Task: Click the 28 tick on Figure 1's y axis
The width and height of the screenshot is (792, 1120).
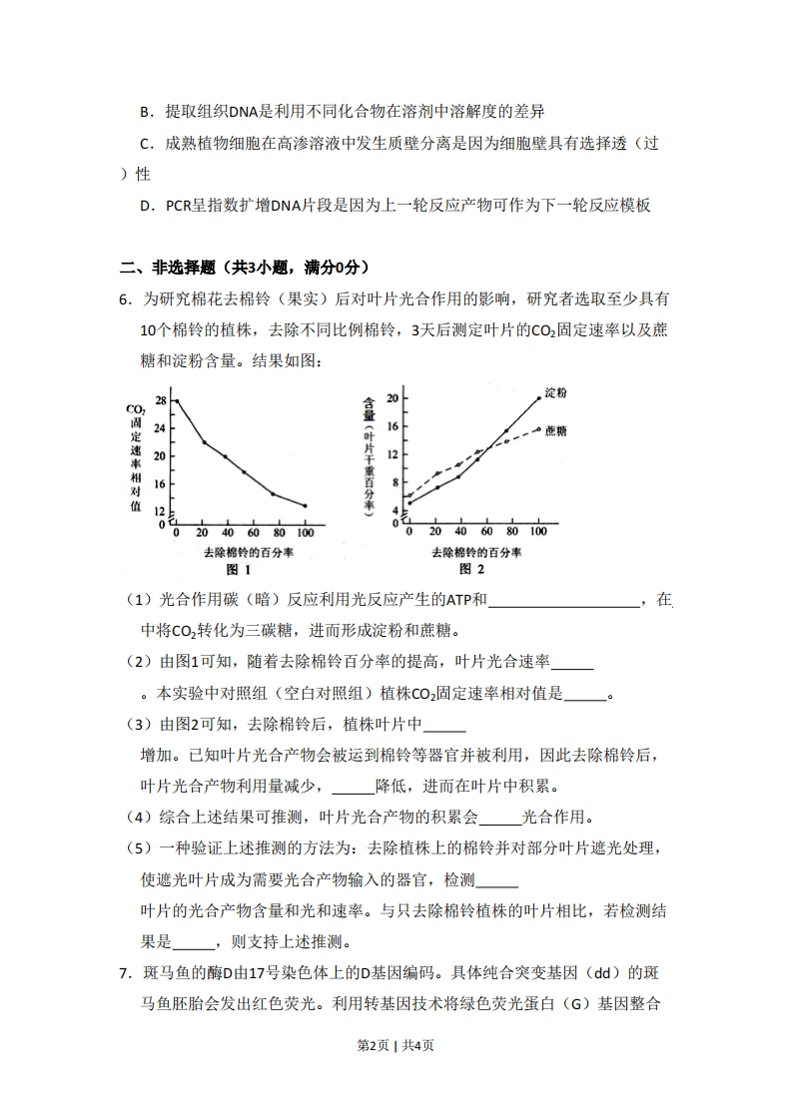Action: point(161,400)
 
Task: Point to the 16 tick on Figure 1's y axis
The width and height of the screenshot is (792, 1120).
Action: point(161,483)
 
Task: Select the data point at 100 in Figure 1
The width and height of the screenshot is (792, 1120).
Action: point(305,506)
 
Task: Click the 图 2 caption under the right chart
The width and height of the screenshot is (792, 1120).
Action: point(471,569)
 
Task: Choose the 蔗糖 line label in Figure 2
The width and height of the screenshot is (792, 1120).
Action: point(556,430)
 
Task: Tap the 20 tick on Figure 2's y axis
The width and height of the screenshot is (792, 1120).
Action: point(393,398)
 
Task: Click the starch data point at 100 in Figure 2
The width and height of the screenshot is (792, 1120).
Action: point(538,397)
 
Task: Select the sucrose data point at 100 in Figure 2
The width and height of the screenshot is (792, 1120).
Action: point(538,430)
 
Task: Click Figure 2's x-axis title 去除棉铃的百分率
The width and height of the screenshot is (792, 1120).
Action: point(473,552)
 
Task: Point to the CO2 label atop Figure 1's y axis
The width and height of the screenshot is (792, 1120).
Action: point(136,409)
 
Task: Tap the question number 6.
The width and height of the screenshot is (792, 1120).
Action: point(124,297)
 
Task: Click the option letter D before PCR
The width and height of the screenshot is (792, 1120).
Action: point(146,206)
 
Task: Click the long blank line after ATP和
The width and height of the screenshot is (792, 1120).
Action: point(564,600)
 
